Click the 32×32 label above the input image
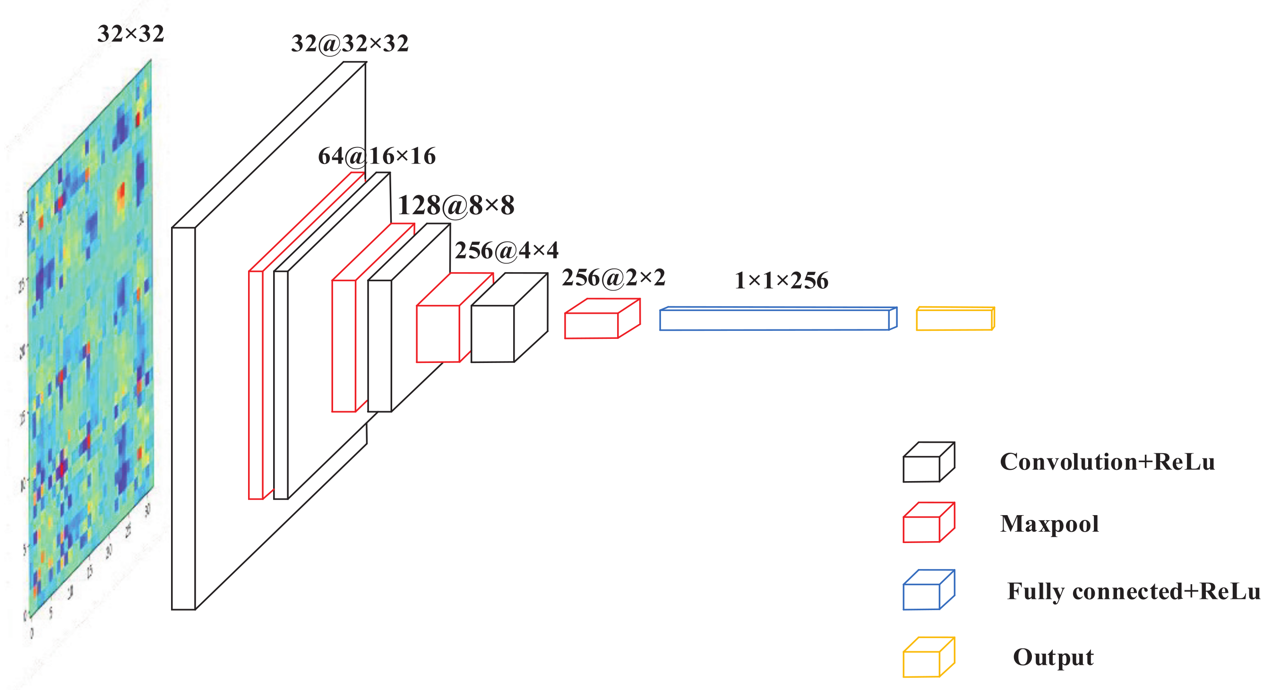(131, 34)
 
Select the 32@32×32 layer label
(350, 44)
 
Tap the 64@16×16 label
(377, 156)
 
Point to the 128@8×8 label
(455, 205)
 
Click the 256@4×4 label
(507, 250)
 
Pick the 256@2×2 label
(613, 278)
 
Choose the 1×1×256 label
(781, 281)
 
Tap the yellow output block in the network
(954, 319)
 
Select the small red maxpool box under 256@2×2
(591, 326)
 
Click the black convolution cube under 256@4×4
(492, 334)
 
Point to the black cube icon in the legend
(923, 467)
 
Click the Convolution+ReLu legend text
(1107, 462)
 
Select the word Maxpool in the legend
(1049, 524)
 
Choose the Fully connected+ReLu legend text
(1134, 592)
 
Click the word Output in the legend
(1053, 658)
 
